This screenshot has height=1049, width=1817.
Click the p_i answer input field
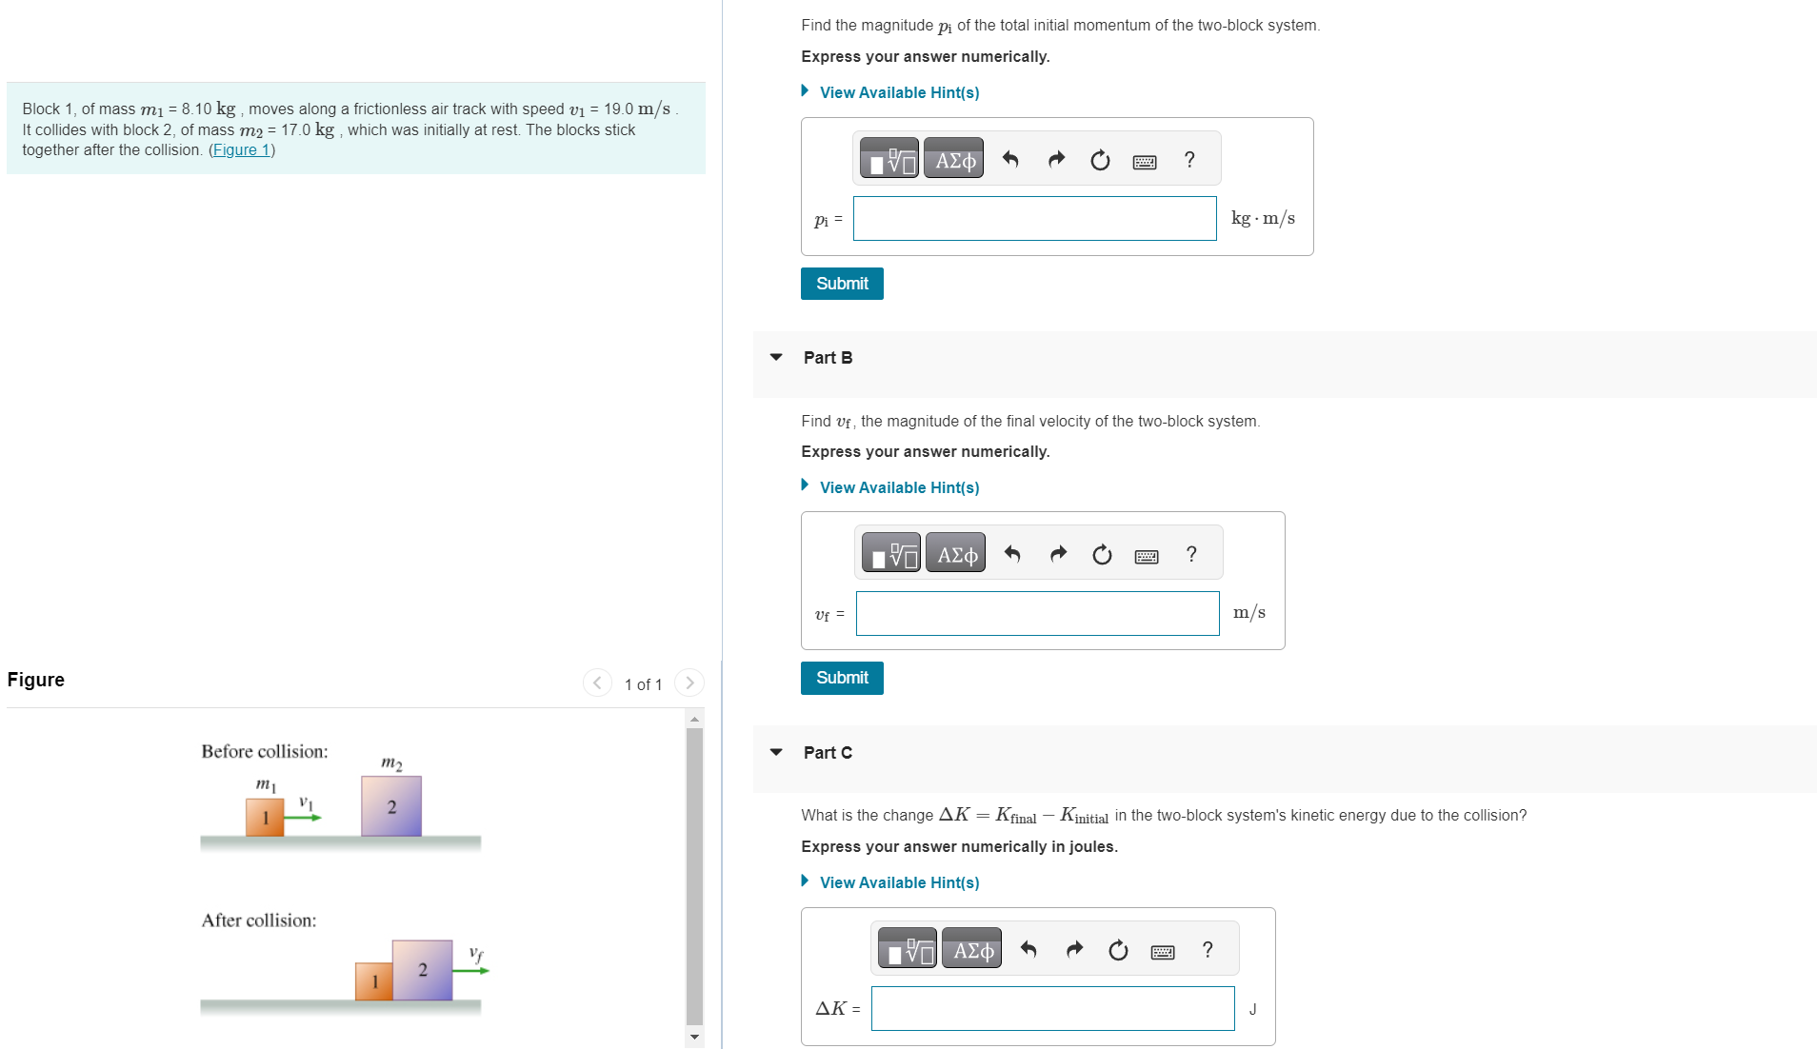(1034, 219)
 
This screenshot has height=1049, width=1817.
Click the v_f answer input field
(1037, 614)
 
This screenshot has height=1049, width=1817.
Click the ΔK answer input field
(1052, 1009)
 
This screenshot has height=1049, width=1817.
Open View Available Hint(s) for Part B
(899, 487)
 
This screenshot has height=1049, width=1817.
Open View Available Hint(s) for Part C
(899, 882)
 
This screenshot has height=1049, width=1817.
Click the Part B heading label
(828, 358)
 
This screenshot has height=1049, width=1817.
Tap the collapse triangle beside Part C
(776, 752)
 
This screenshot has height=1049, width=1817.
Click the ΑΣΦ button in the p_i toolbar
(954, 160)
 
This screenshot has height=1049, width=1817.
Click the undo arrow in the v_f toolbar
(1012, 554)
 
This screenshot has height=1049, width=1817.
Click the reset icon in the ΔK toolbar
(1118, 950)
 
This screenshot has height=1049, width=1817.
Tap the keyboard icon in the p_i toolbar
(1145, 162)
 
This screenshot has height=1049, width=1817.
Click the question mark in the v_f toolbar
(1191, 554)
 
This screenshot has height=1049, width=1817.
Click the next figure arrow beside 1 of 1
(689, 683)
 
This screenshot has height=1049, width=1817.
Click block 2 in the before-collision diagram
(391, 807)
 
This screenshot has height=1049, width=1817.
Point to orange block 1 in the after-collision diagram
(374, 981)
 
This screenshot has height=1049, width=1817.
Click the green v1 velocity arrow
(304, 817)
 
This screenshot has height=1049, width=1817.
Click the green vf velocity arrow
(470, 970)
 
